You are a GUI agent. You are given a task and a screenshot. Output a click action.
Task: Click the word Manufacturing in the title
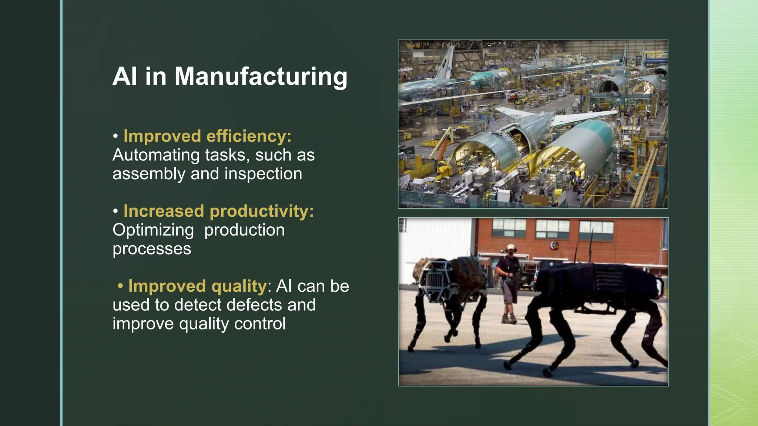tap(261, 77)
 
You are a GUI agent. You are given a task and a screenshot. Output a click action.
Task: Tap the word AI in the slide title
tap(125, 77)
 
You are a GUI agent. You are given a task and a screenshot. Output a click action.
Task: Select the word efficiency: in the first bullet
tap(249, 136)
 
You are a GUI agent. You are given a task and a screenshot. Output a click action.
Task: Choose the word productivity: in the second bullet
tap(262, 211)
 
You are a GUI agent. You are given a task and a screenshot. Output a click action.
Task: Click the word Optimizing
tap(153, 230)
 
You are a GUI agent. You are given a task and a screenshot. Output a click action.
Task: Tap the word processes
tap(152, 249)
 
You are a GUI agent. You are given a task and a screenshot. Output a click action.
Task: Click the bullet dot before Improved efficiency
tap(116, 136)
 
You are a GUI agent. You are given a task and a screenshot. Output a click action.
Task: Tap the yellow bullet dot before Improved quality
tap(120, 286)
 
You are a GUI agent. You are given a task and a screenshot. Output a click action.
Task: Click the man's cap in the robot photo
tap(511, 247)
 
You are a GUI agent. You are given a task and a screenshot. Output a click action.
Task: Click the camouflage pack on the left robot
tap(467, 272)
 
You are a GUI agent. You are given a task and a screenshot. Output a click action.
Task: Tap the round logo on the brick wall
tap(554, 244)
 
